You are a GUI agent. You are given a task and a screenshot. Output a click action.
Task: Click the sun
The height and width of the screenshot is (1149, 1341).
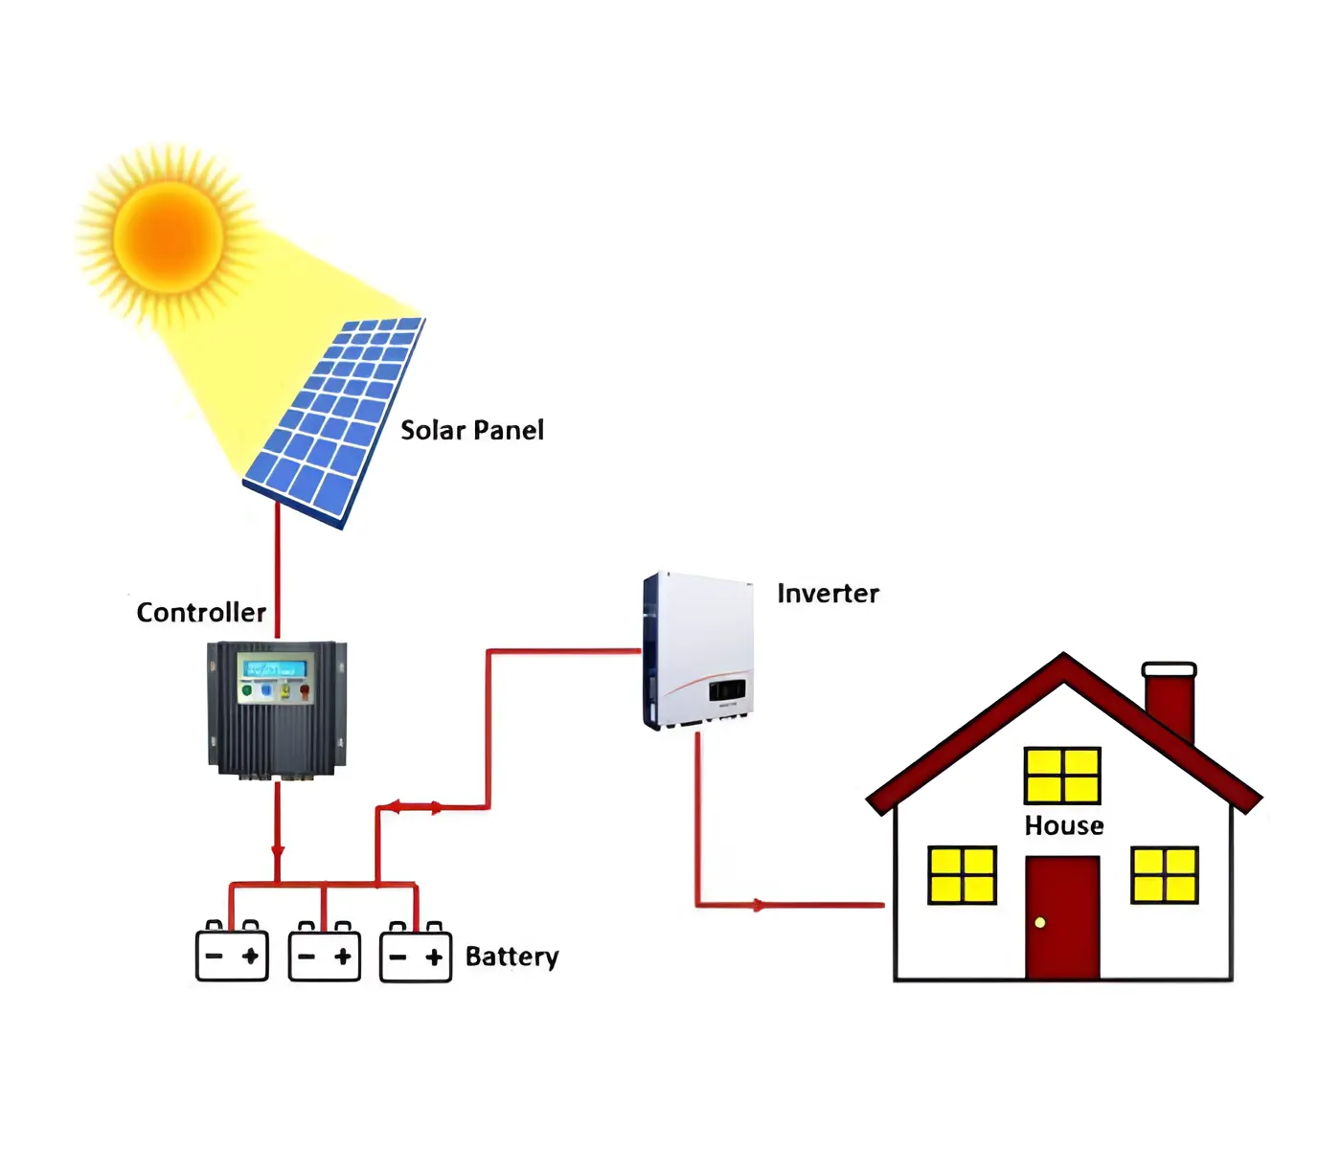tap(169, 236)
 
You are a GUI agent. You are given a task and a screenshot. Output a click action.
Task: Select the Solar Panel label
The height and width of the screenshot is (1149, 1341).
tap(471, 431)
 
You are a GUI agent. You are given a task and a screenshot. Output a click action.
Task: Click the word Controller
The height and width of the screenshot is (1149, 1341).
tap(201, 613)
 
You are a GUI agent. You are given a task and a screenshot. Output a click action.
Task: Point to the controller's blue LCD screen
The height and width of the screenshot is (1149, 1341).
tap(274, 668)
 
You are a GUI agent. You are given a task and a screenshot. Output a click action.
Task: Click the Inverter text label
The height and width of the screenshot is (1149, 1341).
tap(828, 594)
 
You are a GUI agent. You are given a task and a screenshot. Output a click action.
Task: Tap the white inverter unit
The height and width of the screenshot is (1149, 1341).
tap(698, 651)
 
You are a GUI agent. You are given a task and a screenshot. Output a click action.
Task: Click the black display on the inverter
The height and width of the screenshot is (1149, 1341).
tap(727, 689)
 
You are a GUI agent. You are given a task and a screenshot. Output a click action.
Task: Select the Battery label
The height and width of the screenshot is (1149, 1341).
tap(511, 957)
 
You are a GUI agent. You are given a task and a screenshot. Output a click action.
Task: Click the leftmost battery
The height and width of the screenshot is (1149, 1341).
tap(232, 954)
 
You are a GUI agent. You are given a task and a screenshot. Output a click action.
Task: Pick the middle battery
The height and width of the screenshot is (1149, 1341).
tap(325, 954)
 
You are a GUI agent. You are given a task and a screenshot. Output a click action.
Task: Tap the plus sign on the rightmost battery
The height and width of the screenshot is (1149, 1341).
tap(434, 957)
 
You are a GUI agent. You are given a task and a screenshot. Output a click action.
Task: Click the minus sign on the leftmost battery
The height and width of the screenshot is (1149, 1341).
tap(214, 956)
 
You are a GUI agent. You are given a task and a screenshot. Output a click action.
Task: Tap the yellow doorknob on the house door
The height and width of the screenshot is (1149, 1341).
tap(1040, 923)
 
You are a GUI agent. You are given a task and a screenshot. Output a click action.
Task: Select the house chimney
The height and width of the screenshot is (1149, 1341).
tap(1170, 704)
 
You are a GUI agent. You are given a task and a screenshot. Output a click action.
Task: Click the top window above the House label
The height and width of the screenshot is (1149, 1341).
tap(1062, 776)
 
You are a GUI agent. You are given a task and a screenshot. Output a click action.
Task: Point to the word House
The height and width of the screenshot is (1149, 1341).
tap(1063, 825)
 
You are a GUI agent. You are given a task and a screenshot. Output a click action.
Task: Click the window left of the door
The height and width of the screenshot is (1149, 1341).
tap(962, 875)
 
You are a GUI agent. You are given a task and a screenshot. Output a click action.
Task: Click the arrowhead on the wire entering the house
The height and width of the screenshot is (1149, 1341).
tap(759, 905)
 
